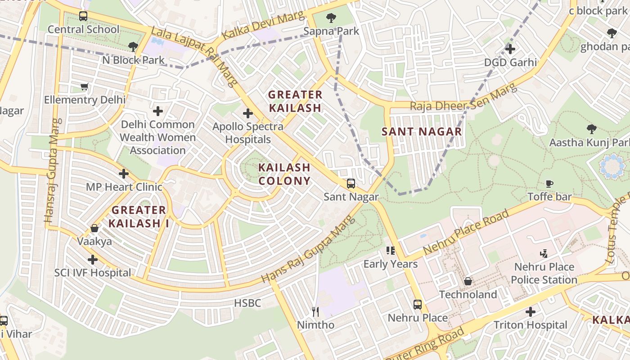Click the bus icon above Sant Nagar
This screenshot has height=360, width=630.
pos(351,184)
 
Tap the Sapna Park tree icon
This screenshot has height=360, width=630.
pos(331,18)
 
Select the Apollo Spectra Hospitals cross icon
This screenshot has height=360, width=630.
pos(247,113)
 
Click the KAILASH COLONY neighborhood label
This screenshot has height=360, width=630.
pos(284,174)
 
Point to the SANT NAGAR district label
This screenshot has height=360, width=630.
pos(422,131)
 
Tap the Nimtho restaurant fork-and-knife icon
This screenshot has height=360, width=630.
pos(315,311)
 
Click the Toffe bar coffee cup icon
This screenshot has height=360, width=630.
pos(549,183)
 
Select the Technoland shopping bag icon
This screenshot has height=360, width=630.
pos(468,281)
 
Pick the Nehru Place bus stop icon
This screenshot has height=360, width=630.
pos(418,305)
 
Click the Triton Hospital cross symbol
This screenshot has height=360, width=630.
pos(531,311)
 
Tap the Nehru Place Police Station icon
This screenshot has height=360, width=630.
pos(544,253)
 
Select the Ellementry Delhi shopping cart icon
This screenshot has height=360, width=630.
pos(84,86)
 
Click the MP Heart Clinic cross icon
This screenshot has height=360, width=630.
pos(124,173)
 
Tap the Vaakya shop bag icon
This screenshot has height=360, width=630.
pos(94,228)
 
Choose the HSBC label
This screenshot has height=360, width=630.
pos(247,303)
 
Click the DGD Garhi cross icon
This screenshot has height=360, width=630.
pos(510,49)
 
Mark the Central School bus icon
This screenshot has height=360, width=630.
pos(83,16)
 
